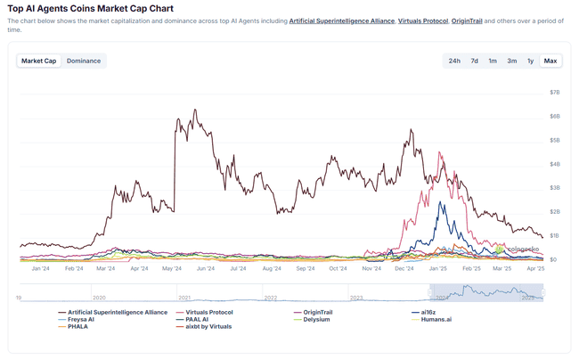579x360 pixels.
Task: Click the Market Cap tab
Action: tap(39, 61)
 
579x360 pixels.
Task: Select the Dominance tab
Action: tap(84, 61)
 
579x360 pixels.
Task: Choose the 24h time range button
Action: tap(454, 61)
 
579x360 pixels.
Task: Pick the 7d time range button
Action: tap(474, 61)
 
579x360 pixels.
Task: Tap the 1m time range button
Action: tap(493, 61)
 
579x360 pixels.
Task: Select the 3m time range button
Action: tap(512, 61)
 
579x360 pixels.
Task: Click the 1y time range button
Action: tap(531, 61)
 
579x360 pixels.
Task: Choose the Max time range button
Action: tap(550, 61)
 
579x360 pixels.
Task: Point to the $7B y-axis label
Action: tap(554, 92)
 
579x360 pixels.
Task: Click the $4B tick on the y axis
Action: tap(554, 164)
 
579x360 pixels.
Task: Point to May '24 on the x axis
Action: tap(172, 267)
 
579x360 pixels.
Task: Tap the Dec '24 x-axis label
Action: tap(404, 267)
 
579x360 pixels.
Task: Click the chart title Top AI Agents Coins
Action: tap(91, 8)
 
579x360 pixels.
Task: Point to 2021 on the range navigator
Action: tap(184, 298)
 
